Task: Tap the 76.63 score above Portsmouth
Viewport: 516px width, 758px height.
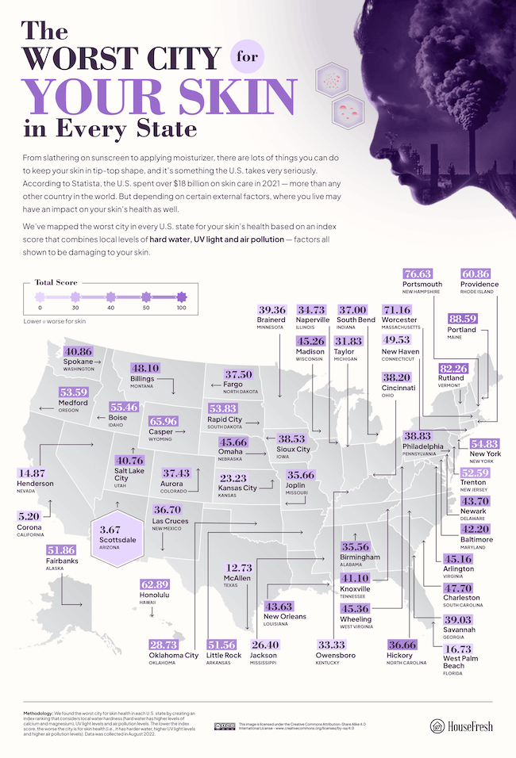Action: [x=422, y=272]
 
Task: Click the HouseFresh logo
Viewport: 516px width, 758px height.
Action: [x=464, y=725]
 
